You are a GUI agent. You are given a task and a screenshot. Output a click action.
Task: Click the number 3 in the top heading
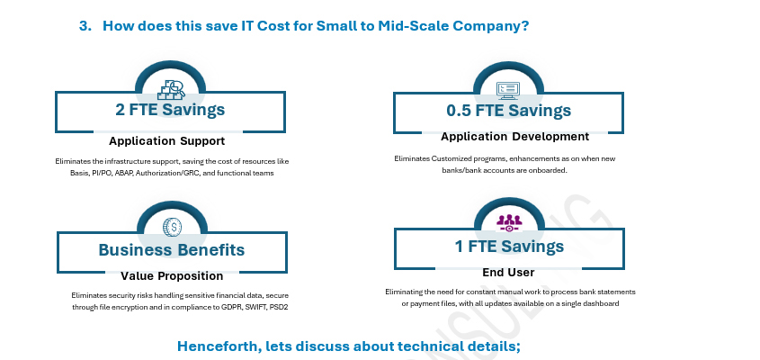click(85, 26)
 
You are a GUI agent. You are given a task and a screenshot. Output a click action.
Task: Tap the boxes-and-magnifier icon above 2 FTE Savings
click(172, 90)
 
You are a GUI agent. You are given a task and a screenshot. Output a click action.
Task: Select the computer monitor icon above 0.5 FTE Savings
click(508, 90)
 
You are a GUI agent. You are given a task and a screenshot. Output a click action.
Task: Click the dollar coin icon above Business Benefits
click(172, 227)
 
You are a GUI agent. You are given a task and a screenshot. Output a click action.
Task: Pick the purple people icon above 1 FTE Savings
click(509, 223)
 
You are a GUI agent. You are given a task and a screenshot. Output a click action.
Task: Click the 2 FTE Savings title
click(170, 110)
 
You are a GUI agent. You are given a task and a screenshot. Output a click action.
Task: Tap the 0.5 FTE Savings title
click(508, 111)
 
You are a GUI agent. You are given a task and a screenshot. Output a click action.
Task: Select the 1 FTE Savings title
click(509, 247)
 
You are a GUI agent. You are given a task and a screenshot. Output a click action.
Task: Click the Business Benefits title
click(172, 250)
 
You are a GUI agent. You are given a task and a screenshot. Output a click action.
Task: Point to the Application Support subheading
click(166, 141)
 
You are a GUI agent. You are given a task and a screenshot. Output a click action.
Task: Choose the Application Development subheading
click(514, 137)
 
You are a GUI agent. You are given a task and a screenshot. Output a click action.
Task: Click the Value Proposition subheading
click(172, 276)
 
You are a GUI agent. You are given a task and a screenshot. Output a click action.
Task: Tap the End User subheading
click(508, 273)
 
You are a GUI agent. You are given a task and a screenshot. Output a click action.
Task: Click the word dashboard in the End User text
click(602, 303)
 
